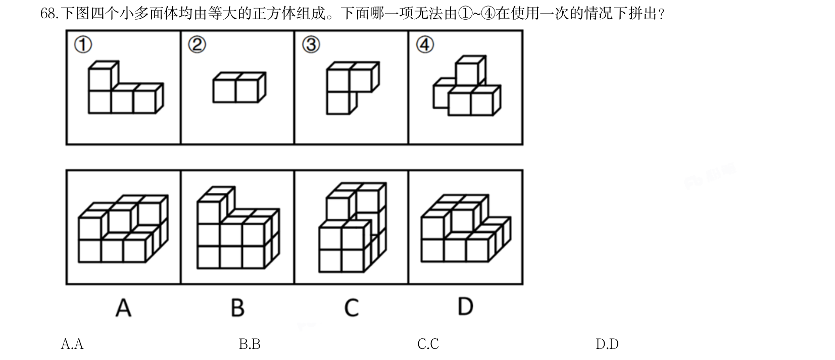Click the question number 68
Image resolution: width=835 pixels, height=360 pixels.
49,14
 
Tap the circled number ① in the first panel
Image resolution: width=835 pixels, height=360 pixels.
83,45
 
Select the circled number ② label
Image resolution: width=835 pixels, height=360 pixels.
197,45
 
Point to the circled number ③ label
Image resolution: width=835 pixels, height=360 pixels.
311,45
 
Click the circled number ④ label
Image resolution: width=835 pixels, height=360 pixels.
425,45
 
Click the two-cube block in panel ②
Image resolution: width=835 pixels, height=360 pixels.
239,87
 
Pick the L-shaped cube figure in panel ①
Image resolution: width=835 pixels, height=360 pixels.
126,87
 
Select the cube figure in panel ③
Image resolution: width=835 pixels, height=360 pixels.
353,88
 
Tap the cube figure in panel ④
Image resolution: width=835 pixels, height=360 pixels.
467,86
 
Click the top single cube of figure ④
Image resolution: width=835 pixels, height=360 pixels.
471,71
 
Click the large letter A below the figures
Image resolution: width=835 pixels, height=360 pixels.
123,308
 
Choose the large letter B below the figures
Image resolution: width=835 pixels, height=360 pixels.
237,308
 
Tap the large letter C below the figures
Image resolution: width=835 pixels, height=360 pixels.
351,308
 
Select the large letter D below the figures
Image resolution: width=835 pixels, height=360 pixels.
465,306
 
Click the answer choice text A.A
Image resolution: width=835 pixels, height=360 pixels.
72,344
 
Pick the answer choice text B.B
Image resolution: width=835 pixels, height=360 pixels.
250,344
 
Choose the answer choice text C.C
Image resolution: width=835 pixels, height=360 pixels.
428,344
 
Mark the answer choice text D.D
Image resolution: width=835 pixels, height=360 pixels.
607,344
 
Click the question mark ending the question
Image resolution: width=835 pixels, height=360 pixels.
661,14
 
